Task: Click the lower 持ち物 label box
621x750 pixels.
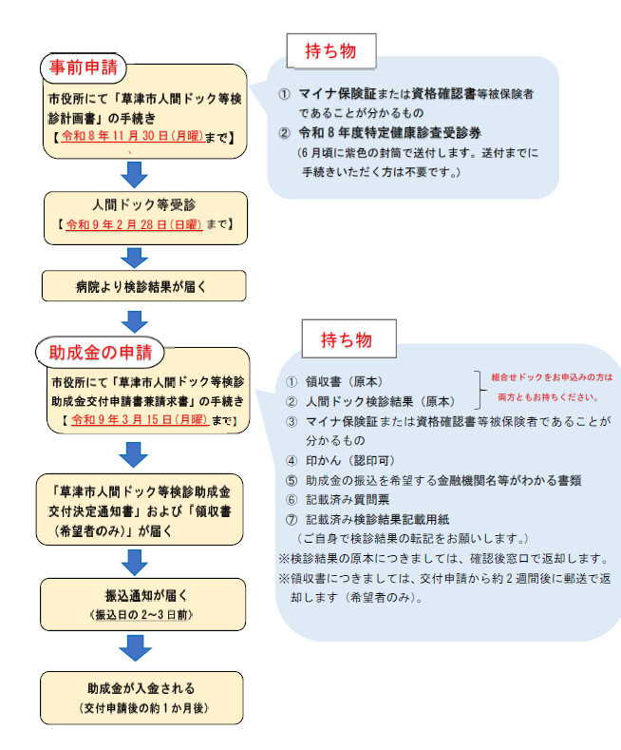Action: (x=344, y=339)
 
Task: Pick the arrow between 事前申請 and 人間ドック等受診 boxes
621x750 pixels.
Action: (x=136, y=174)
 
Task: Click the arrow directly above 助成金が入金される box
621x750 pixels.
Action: (x=136, y=650)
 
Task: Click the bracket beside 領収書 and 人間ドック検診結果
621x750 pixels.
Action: (x=479, y=390)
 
